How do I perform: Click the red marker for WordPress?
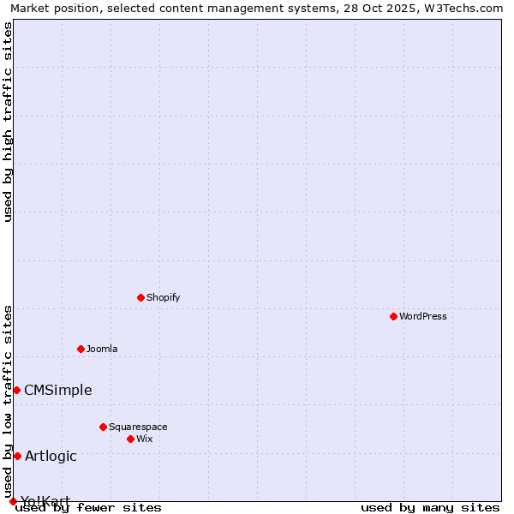click(x=393, y=316)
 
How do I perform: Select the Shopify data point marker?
click(x=140, y=297)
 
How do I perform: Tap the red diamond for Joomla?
click(x=81, y=349)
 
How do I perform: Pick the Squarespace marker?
click(x=103, y=427)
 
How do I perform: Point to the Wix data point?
click(x=130, y=439)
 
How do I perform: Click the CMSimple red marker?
click(x=16, y=390)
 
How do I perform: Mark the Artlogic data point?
click(x=17, y=456)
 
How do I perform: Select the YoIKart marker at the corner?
click(x=13, y=501)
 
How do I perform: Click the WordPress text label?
click(x=423, y=316)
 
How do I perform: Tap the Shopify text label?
click(x=163, y=297)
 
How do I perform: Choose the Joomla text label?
click(x=102, y=349)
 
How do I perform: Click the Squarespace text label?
click(x=138, y=427)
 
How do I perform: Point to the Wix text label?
click(x=145, y=439)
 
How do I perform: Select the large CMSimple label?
click(x=58, y=390)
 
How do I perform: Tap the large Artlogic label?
click(x=51, y=456)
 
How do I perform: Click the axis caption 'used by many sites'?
click(x=430, y=507)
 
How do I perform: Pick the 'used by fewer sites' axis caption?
click(x=89, y=507)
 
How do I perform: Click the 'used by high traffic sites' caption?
click(x=9, y=122)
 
